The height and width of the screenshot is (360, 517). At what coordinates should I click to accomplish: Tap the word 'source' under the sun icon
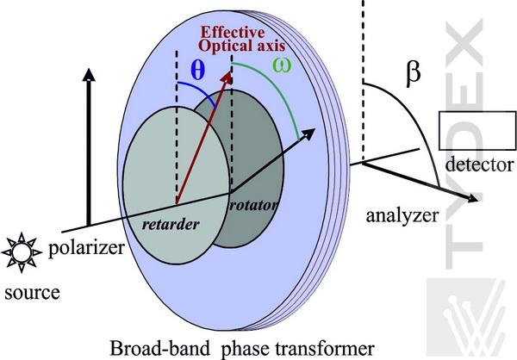tap(31, 292)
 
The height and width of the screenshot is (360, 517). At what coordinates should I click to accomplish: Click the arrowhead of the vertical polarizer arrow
tap(86, 73)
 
